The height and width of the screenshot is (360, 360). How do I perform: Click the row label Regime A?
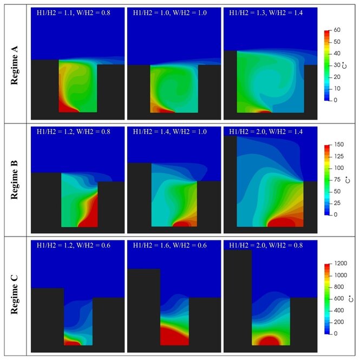(x=14, y=66)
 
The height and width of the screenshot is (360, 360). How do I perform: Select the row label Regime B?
(x=14, y=180)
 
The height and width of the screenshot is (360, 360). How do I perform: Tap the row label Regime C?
(x=14, y=295)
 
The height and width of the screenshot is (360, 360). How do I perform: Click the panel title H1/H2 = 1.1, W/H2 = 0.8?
(x=74, y=12)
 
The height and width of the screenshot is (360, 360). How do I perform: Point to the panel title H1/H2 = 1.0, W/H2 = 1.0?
(x=170, y=12)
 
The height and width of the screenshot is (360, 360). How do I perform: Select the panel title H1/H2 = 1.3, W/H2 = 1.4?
(x=266, y=12)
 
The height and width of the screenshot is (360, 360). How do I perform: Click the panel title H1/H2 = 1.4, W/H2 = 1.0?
(x=170, y=132)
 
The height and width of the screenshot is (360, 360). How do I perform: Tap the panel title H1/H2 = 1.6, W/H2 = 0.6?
(x=170, y=245)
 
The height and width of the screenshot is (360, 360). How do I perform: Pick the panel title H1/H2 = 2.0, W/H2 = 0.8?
(x=266, y=245)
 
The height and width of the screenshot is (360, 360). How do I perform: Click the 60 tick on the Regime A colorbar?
(x=337, y=30)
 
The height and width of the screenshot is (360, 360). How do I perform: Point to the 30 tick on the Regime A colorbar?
(x=337, y=65)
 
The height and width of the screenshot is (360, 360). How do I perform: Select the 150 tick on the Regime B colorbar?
(x=339, y=145)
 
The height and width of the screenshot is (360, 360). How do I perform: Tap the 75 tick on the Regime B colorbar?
(x=337, y=180)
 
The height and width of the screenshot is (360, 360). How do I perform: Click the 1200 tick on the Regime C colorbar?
(x=341, y=263)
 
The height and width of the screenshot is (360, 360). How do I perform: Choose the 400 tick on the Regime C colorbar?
(x=339, y=310)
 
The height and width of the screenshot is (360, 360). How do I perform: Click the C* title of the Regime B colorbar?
(x=348, y=180)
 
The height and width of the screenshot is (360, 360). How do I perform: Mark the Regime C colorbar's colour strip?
(x=327, y=299)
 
